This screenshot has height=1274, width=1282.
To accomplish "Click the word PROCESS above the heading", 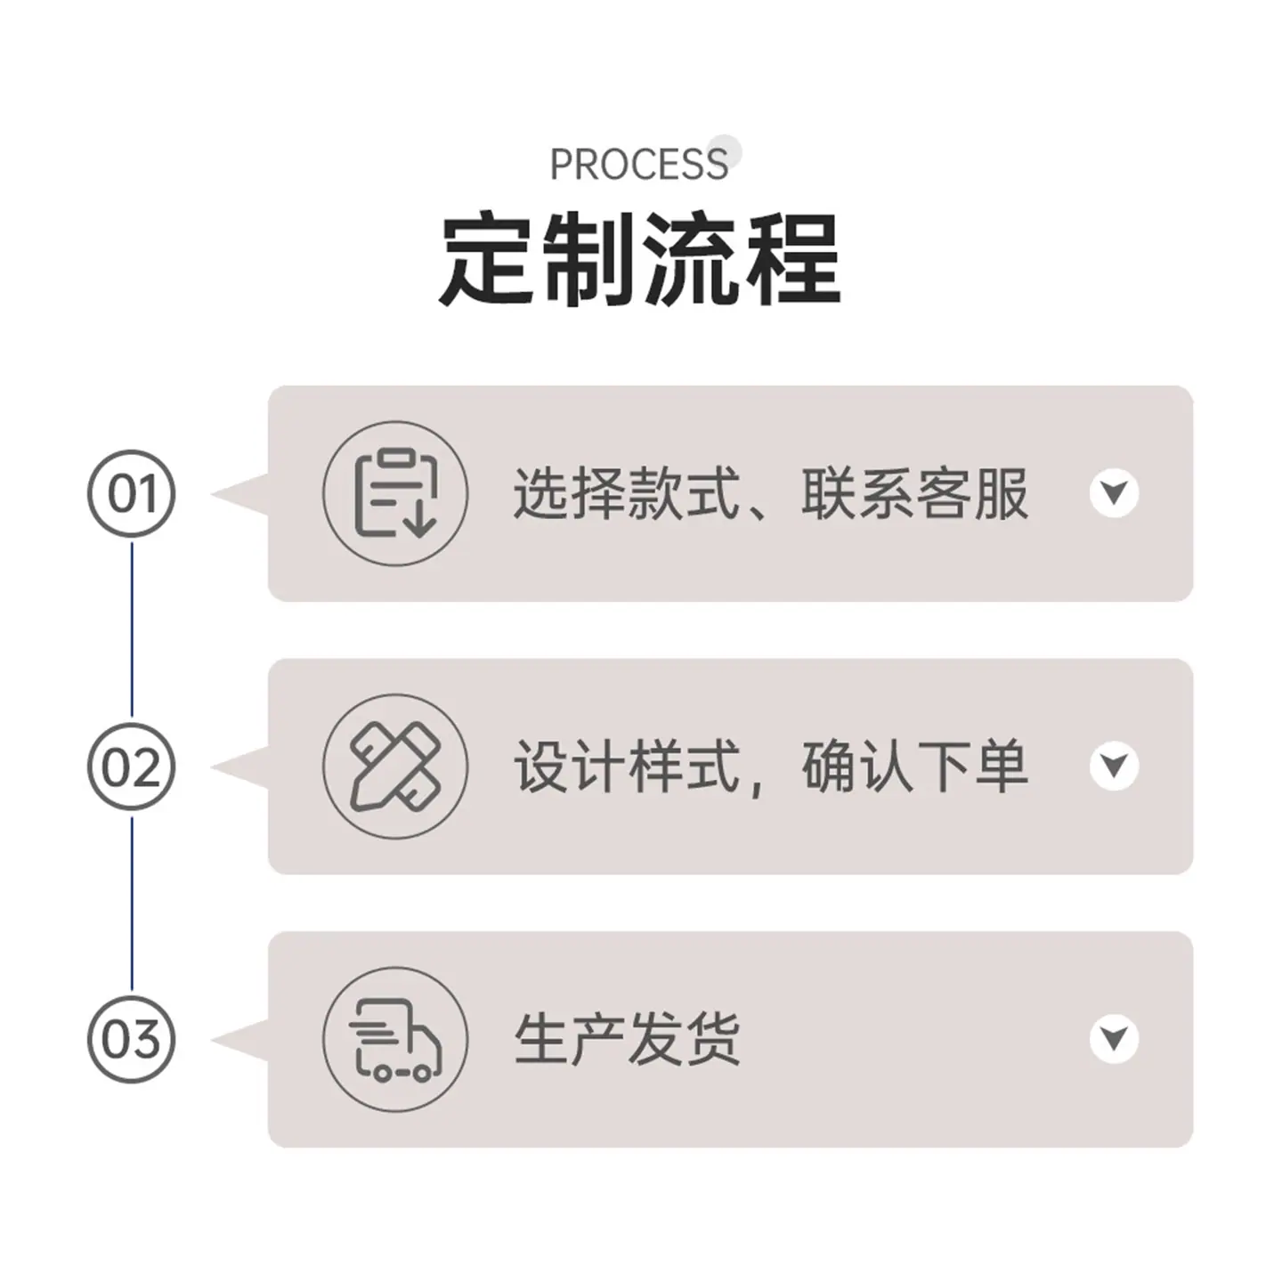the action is click(638, 165).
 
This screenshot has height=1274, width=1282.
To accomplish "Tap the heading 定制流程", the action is click(639, 259).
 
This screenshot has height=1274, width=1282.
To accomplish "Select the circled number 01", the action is click(132, 493).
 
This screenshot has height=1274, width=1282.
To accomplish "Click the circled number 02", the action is click(132, 767).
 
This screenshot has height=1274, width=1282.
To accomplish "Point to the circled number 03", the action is click(132, 1039).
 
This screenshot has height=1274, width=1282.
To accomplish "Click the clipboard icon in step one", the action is click(396, 493).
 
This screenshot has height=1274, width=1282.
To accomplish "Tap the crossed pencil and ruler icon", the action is click(396, 767).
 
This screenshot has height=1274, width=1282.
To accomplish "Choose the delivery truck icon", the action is click(396, 1039).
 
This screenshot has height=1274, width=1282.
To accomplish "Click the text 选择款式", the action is click(627, 493).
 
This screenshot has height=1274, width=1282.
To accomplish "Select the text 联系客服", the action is click(915, 493).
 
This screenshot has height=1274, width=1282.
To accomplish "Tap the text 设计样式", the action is click(627, 767).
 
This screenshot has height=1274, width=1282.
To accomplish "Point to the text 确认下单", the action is click(915, 767).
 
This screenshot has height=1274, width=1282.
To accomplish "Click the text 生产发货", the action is click(627, 1039).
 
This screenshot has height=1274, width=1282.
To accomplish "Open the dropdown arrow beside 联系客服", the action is click(1115, 492).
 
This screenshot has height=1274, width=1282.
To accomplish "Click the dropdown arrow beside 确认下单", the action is click(1115, 766).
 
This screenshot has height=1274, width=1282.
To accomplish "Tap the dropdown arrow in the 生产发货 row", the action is click(1115, 1038).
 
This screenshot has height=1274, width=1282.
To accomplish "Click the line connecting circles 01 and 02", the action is click(132, 629).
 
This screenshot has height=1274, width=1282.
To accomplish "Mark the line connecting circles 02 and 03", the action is click(132, 904).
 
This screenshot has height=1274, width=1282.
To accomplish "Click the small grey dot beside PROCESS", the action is click(724, 151).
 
